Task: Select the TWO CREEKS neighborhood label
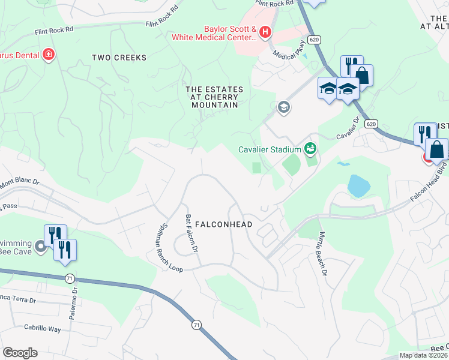click(x=119, y=58)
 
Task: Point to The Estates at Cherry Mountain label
click(x=214, y=97)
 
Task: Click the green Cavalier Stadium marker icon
click(x=310, y=148)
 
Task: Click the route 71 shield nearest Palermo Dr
click(x=69, y=278)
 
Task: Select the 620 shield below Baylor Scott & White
click(x=313, y=39)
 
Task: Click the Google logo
click(x=20, y=352)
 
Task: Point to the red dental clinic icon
click(x=49, y=55)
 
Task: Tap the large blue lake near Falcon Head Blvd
click(x=358, y=187)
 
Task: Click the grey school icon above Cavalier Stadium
click(x=283, y=107)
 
